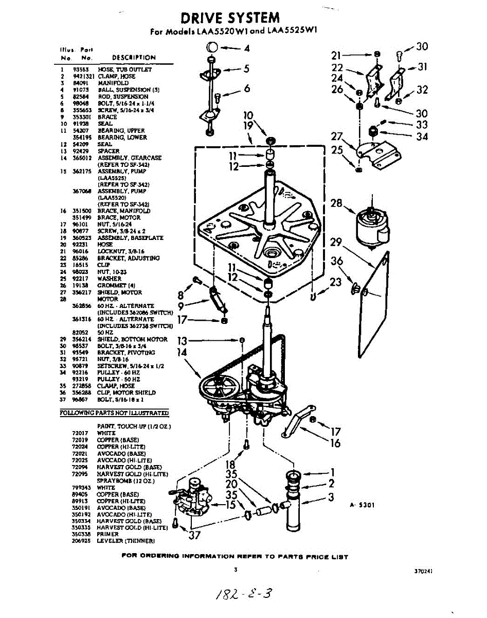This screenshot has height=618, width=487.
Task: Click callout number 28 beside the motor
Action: click(x=337, y=203)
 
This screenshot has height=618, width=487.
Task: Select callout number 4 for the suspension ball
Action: click(x=247, y=49)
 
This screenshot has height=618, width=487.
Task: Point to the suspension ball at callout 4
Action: click(x=212, y=48)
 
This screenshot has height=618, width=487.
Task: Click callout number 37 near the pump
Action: click(x=194, y=535)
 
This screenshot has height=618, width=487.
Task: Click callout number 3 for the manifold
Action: click(x=331, y=497)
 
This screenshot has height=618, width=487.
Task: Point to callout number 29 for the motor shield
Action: click(x=336, y=242)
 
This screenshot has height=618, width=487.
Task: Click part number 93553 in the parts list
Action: click(x=79, y=70)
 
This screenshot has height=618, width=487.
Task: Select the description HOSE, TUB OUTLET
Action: click(x=125, y=70)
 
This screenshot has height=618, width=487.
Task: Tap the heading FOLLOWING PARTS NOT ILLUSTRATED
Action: click(x=114, y=413)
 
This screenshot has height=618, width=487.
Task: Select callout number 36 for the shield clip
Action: click(x=337, y=261)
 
